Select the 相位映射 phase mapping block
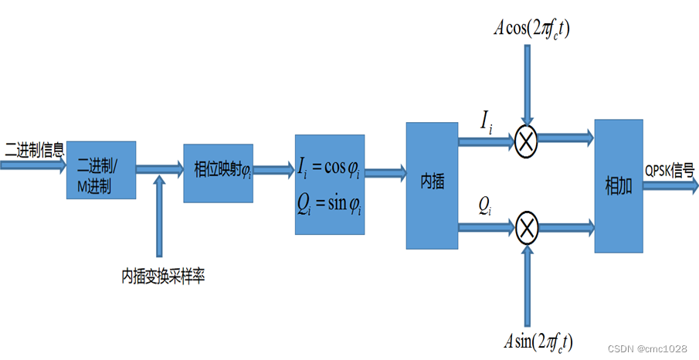218,172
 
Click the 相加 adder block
619,185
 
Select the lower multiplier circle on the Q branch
527,227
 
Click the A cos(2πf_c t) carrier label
533,29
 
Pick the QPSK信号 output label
669,169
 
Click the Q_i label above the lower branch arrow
484,205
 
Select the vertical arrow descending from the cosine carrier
527,85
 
